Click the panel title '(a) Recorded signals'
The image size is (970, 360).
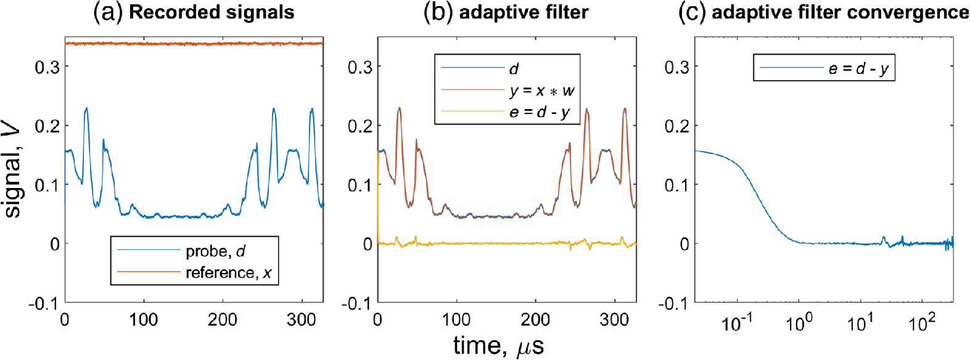[x=194, y=12]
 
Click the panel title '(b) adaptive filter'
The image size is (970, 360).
[x=506, y=12]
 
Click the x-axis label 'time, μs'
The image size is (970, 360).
[x=498, y=345]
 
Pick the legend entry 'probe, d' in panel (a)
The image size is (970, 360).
[x=215, y=251]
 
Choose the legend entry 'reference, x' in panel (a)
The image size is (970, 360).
[x=229, y=272]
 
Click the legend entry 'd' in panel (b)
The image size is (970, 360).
[x=514, y=69]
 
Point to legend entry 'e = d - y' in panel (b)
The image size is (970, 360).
[x=540, y=113]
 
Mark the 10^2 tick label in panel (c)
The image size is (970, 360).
[x=922, y=322]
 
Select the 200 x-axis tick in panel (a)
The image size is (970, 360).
[x=223, y=319]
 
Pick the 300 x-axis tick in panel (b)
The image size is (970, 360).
[x=614, y=319]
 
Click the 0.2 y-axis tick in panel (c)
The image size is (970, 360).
[x=676, y=126]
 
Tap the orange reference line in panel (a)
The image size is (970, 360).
[x=185, y=44]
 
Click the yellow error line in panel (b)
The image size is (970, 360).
[x=493, y=244]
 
